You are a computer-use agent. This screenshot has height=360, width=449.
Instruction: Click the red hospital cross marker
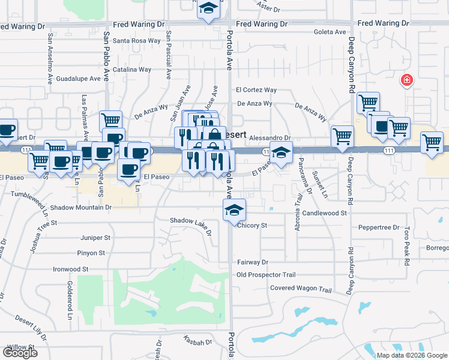(x=407, y=80)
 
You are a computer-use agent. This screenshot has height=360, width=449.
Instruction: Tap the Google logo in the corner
(x=20, y=353)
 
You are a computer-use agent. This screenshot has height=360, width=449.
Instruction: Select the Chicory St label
(x=252, y=226)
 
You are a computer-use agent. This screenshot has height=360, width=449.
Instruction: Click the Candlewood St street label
(x=325, y=213)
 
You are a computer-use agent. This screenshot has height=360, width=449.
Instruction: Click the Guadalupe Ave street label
(x=78, y=79)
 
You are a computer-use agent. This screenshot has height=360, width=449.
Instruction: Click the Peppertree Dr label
(x=378, y=227)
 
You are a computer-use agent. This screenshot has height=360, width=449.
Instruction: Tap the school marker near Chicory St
(x=234, y=210)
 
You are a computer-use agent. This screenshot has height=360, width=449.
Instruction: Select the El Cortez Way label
(x=256, y=90)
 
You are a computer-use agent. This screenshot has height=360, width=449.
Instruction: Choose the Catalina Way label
(x=135, y=70)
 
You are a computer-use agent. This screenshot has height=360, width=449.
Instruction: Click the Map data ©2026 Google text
(x=411, y=355)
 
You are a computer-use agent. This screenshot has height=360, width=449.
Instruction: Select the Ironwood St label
(x=71, y=269)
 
